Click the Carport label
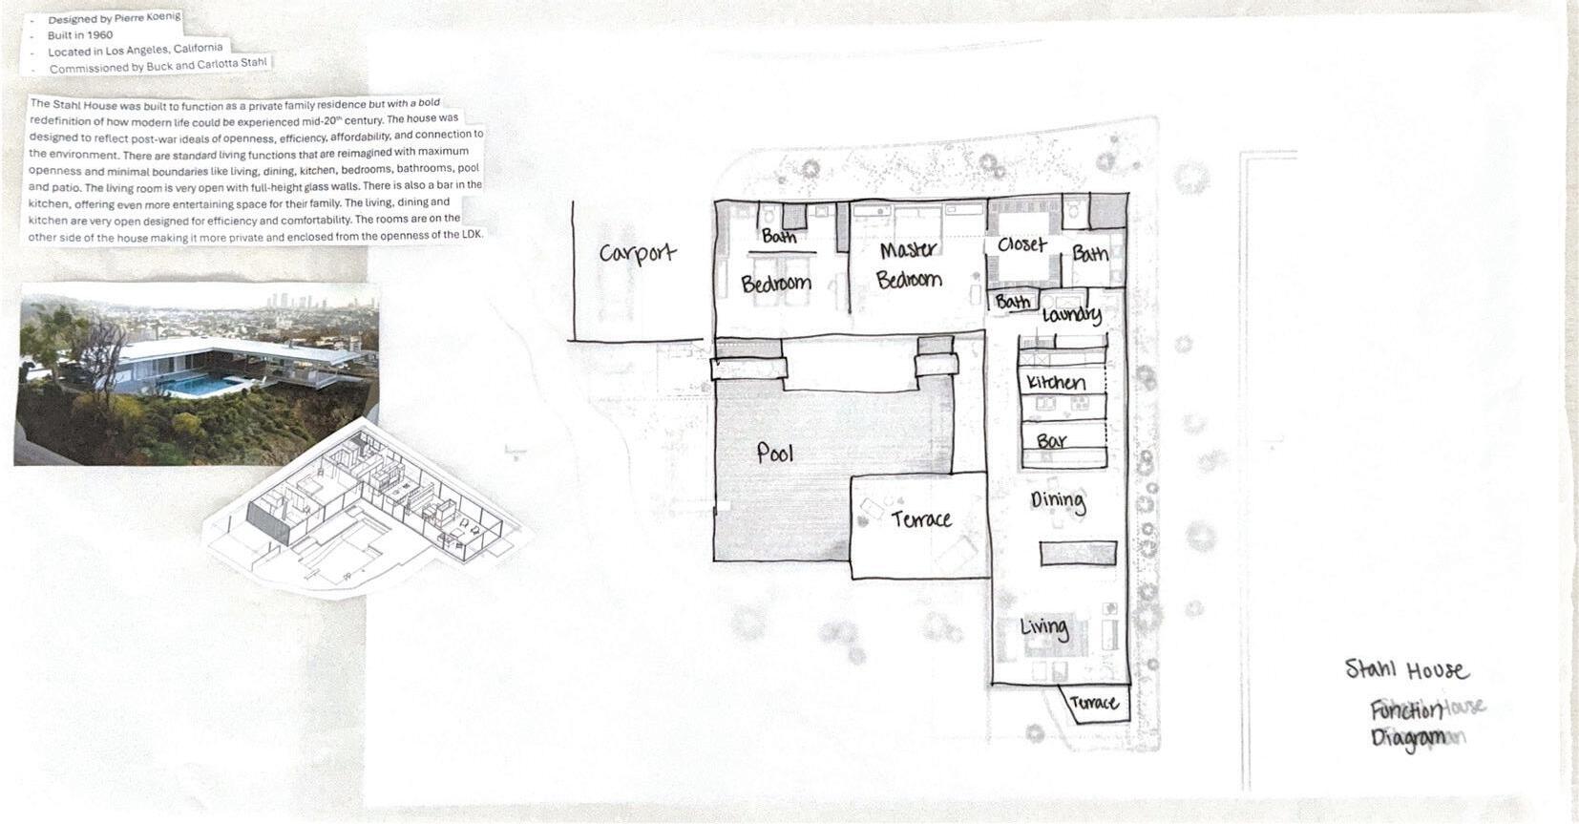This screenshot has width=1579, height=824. coord(638,253)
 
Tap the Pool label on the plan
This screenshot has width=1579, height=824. coord(774,454)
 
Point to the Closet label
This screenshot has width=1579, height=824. coord(1022,244)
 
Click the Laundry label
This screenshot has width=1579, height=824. coord(1071,315)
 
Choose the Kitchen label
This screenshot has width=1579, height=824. coord(1056,382)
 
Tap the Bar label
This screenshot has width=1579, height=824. coord(1052,441)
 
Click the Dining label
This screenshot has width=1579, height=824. coord(1058,501)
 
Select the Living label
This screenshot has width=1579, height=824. coord(1044,627)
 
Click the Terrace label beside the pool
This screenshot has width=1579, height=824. coord(921,519)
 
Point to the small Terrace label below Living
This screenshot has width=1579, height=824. coord(1094,703)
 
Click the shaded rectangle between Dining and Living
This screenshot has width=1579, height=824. coord(1079,554)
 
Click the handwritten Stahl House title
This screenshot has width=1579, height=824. coord(1407,669)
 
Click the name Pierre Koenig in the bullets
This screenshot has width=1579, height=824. coord(147,17)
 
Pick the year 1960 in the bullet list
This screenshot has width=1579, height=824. coord(100,34)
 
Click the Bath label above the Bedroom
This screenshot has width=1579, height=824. coord(779,236)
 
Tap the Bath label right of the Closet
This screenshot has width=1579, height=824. coord(1090,254)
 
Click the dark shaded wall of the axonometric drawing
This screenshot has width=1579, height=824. coord(268,522)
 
